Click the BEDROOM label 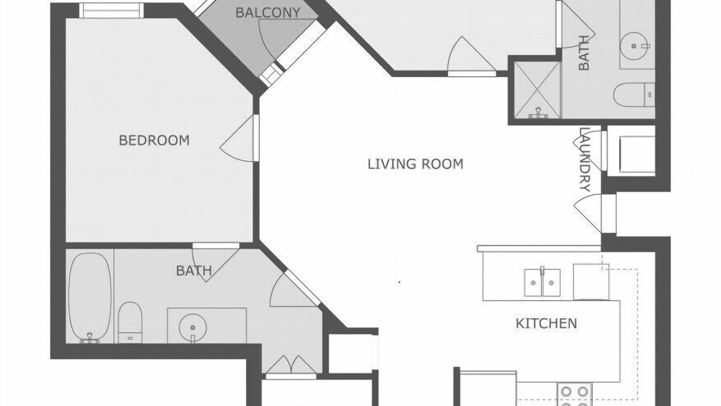tap(154, 140)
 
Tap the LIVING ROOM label tap(416, 164)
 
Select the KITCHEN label tap(546, 324)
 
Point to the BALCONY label tap(268, 12)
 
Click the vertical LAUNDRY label tap(585, 160)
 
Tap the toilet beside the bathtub tap(130, 322)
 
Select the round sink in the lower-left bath tap(193, 327)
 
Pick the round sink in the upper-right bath tap(634, 46)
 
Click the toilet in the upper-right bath tap(634, 95)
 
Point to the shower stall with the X tap(537, 90)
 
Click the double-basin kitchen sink tap(542, 283)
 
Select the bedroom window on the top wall tap(112, 10)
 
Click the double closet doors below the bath tap(291, 367)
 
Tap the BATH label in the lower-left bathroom tap(194, 271)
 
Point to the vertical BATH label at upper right tap(584, 53)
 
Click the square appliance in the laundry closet tap(637, 155)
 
